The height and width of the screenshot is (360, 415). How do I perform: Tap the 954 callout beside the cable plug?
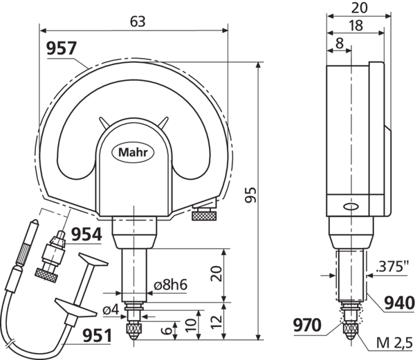coord(86,235)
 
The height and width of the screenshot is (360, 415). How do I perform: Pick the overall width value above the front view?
coord(133,21)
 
